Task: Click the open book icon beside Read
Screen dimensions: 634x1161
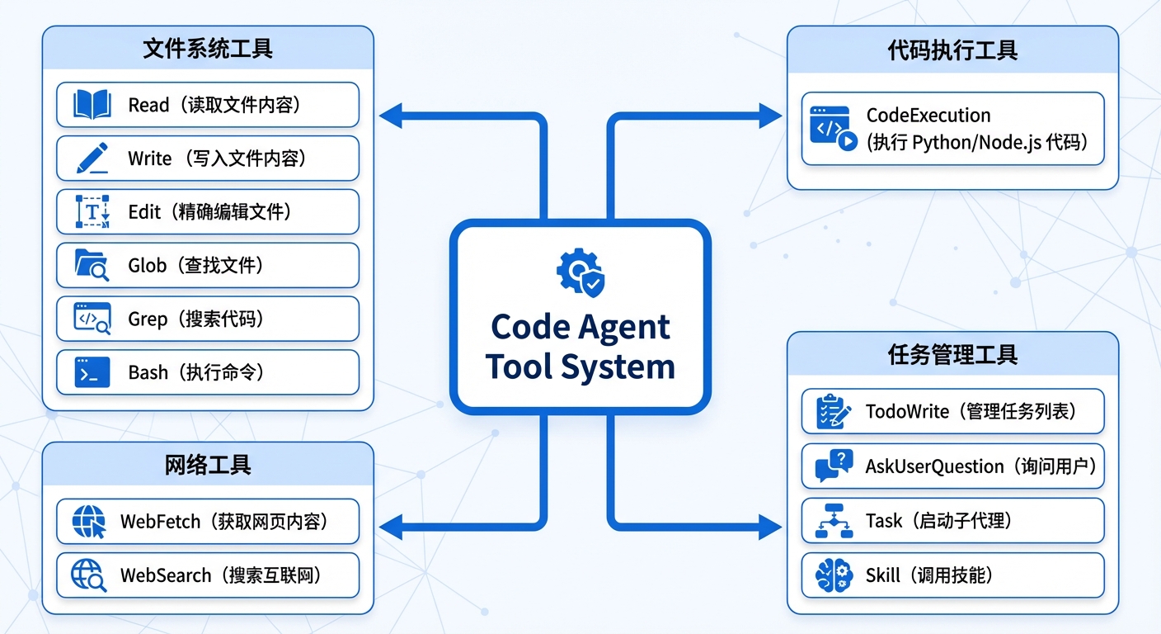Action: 92,105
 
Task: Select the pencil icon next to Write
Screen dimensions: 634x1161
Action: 92,158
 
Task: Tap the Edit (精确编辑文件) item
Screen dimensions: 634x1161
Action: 208,212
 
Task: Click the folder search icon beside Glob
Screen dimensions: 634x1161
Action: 92,266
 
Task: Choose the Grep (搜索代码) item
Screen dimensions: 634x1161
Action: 208,319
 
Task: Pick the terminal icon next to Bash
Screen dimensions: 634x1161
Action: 92,373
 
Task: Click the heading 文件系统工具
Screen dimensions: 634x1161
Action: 208,49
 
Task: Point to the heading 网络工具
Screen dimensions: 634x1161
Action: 208,465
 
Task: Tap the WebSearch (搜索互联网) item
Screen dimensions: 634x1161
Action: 208,575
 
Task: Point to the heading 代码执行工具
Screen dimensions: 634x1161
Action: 952,50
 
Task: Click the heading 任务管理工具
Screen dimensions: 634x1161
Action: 952,355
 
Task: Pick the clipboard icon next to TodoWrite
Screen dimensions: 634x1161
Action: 834,411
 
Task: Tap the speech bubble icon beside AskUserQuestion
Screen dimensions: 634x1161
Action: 834,466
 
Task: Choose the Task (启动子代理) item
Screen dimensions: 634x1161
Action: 952,521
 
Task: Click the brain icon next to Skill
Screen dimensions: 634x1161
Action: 834,575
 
